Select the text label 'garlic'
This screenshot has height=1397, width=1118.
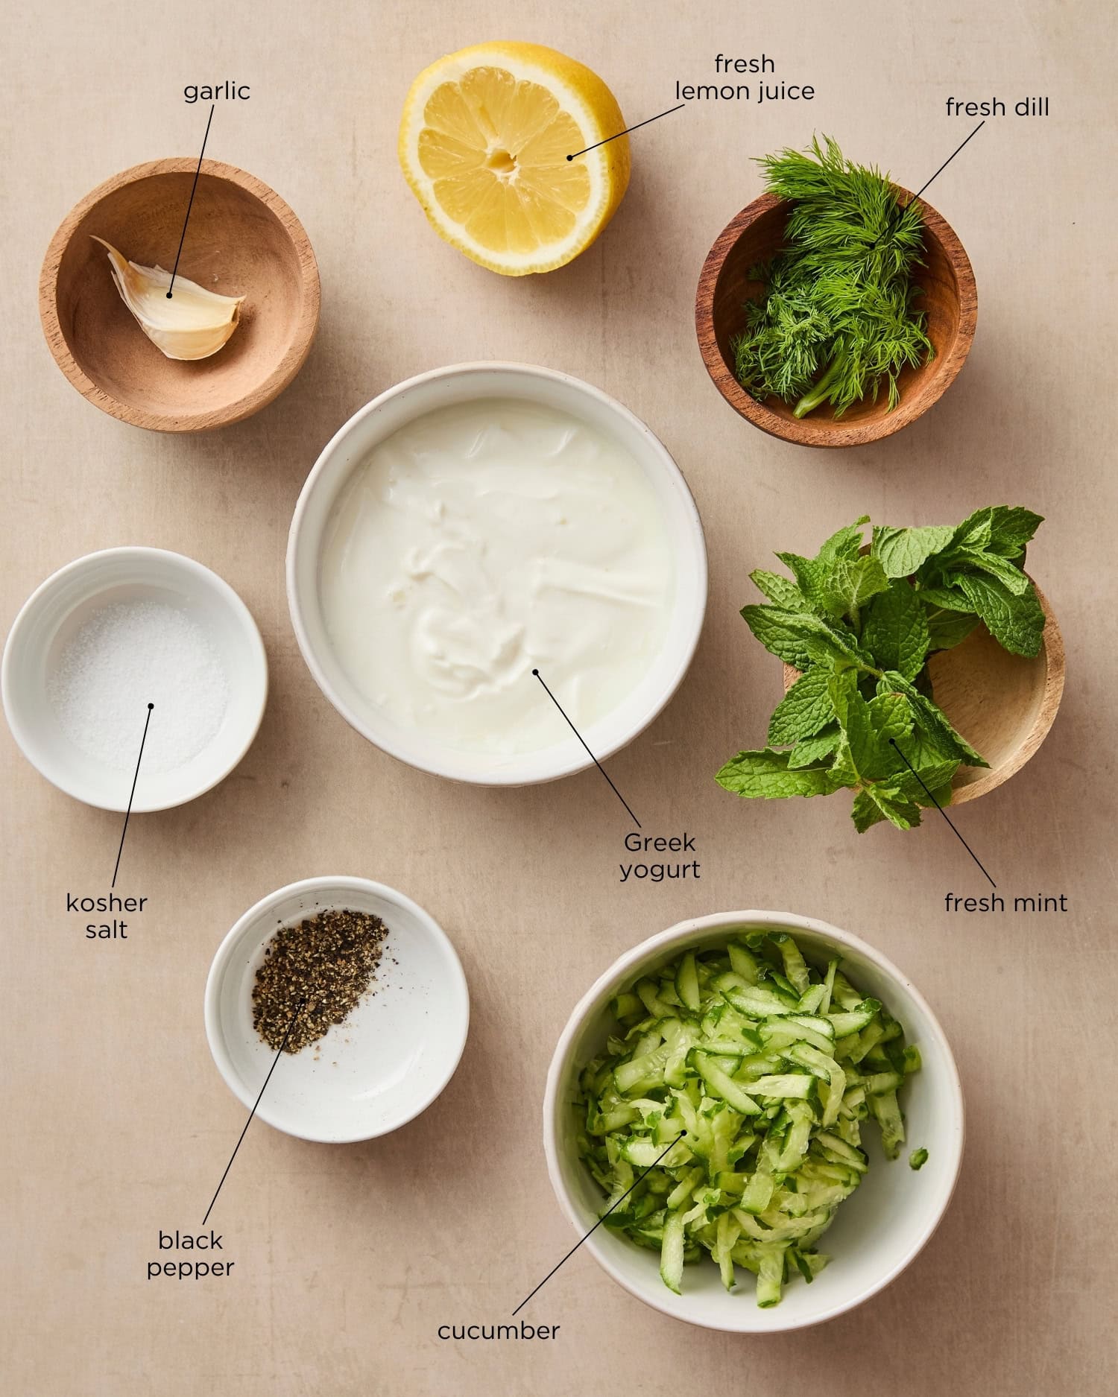tap(217, 91)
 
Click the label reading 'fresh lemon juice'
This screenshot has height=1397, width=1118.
tap(744, 77)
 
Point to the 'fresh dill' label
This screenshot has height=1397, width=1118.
tap(997, 107)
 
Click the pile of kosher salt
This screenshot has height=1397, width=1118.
tap(138, 685)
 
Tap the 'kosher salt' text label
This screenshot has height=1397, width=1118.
tap(107, 916)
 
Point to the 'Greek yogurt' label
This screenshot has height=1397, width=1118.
tap(660, 855)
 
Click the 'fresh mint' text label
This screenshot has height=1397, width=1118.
tap(1005, 903)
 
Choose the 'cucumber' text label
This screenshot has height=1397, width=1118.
tap(498, 1330)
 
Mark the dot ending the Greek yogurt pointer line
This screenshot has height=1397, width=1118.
tap(535, 671)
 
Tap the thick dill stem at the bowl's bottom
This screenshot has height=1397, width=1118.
tap(812, 403)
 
